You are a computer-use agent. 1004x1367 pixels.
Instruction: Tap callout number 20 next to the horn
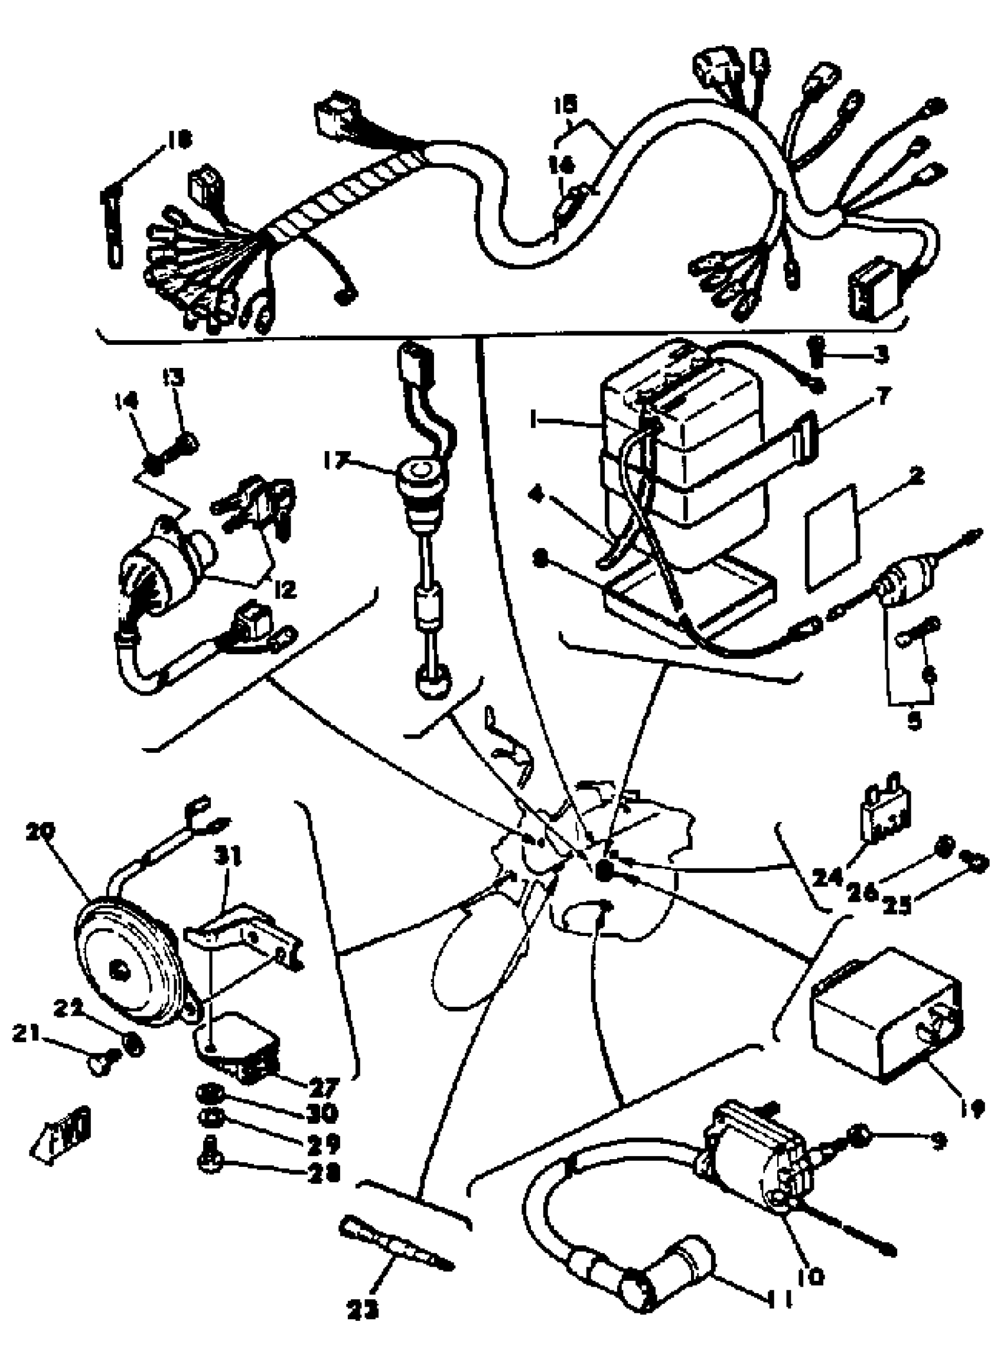[x=40, y=831]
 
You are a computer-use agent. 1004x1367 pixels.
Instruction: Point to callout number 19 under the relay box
[x=973, y=1110]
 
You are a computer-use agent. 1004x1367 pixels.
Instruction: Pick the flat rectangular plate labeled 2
[x=833, y=538]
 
